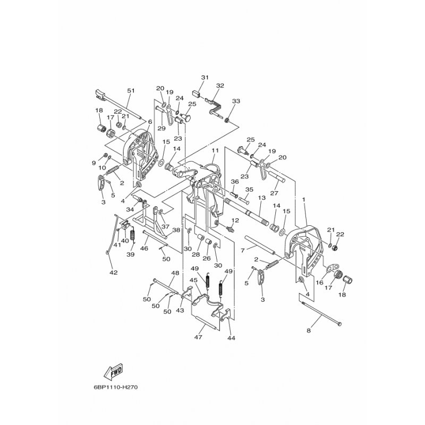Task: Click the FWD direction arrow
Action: tap(114, 371)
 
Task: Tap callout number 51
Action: tap(131, 91)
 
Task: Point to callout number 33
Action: tap(236, 101)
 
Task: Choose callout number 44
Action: tap(231, 337)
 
